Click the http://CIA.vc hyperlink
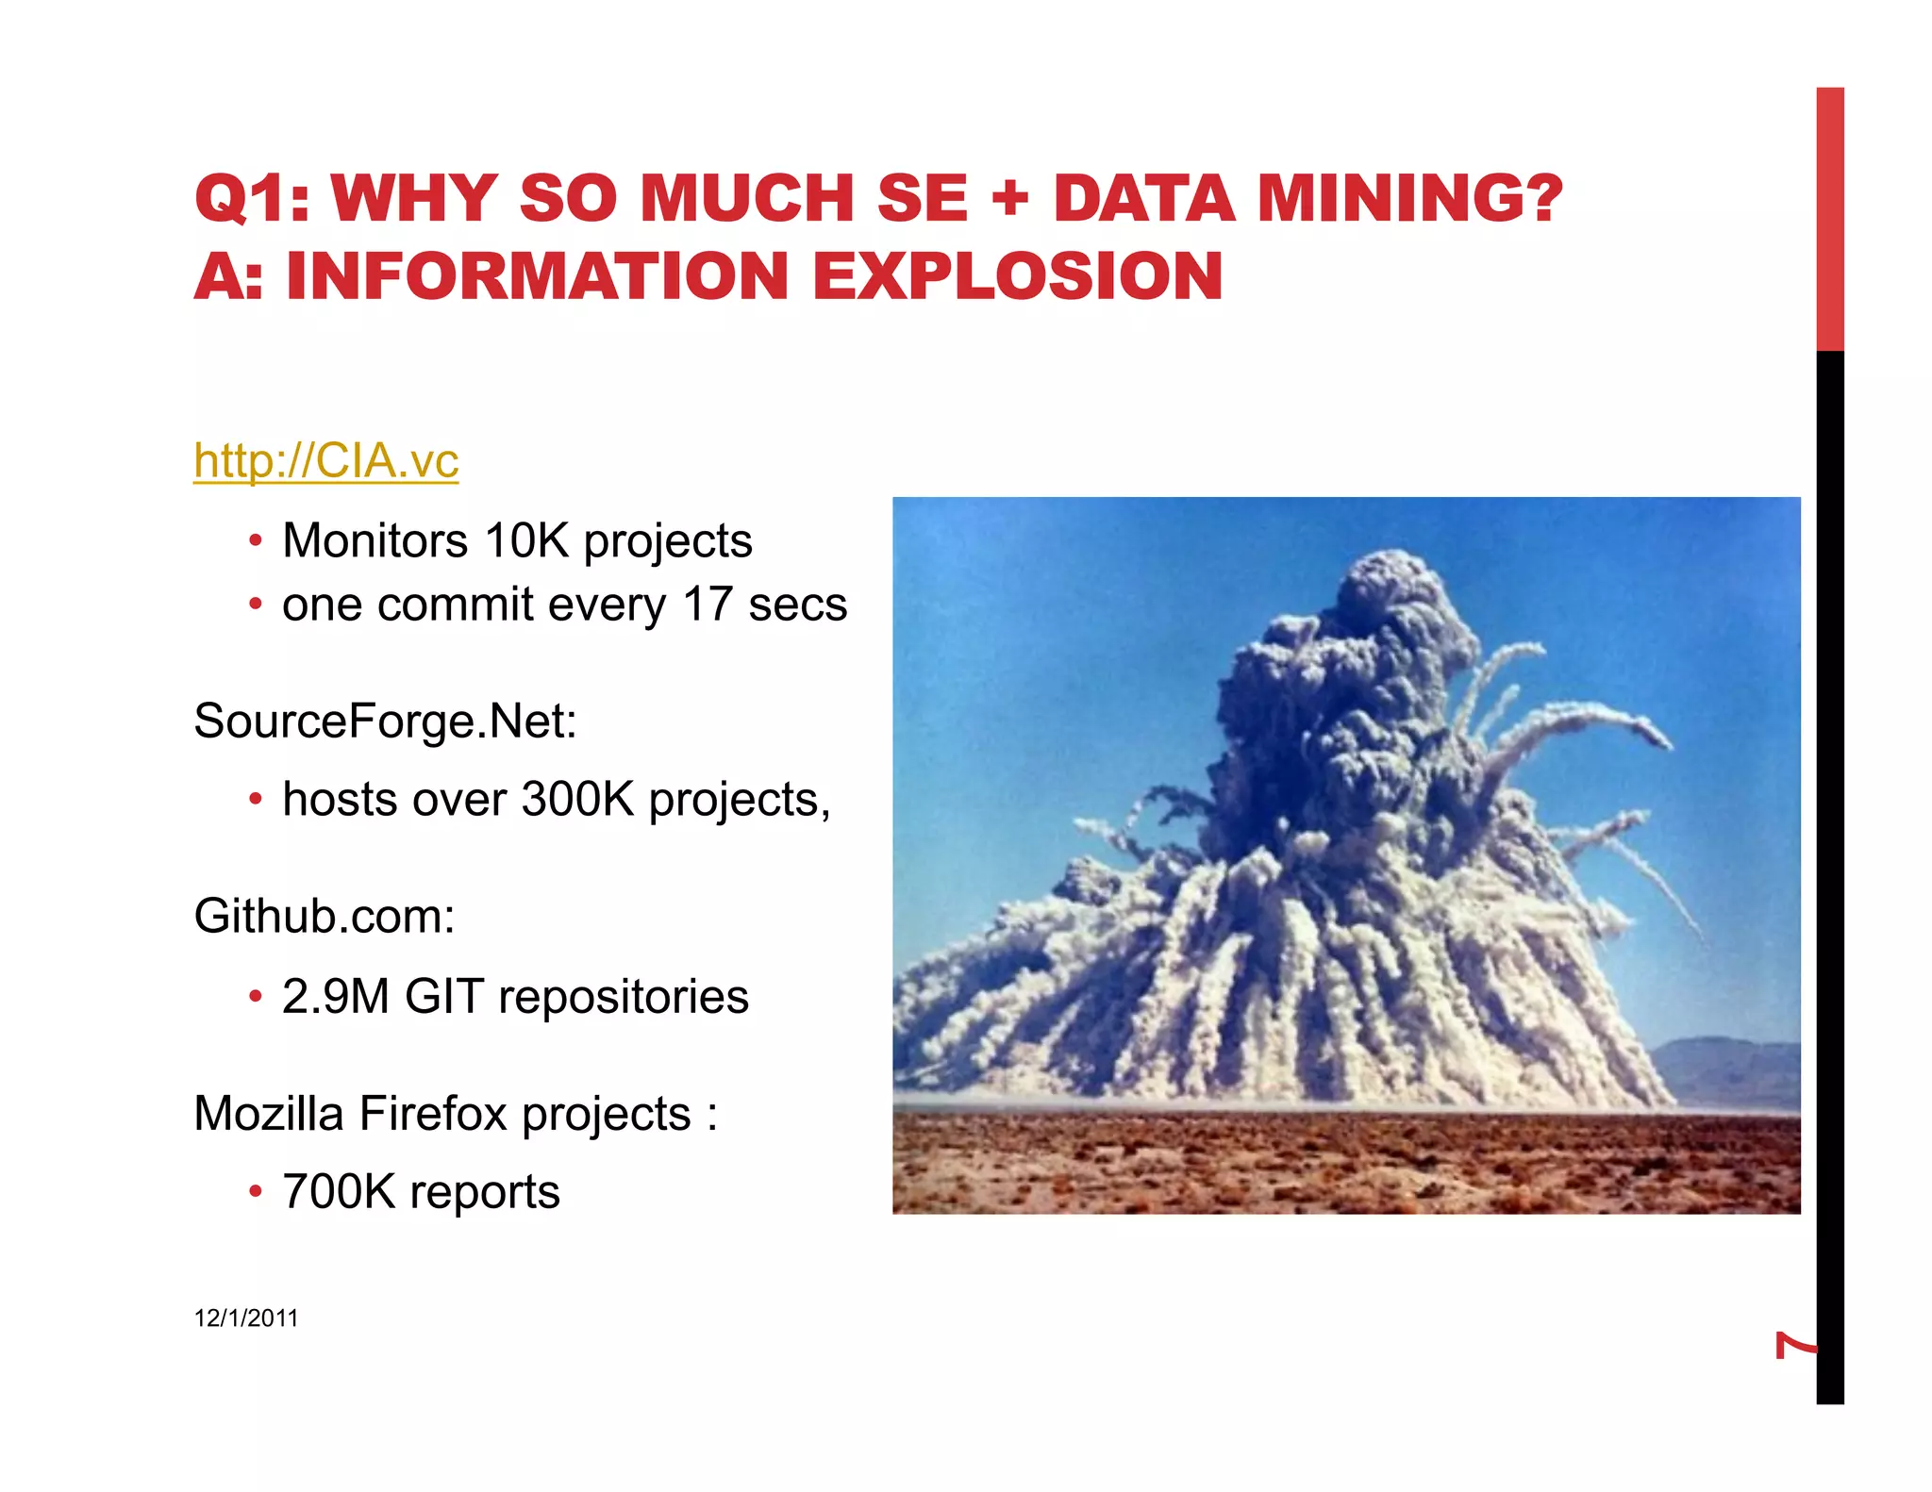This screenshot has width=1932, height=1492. tap(325, 461)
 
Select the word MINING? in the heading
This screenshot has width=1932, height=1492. tap(1409, 199)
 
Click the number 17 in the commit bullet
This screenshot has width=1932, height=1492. tap(708, 605)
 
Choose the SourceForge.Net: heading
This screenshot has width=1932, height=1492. tap(385, 721)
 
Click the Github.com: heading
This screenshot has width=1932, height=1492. tap(325, 917)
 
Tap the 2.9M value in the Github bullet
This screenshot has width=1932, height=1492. tap(335, 997)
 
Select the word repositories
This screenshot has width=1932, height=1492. tap(624, 997)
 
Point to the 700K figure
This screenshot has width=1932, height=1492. tap(338, 1192)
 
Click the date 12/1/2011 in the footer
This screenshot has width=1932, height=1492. tap(246, 1318)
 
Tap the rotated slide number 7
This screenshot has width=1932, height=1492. tap(1794, 1345)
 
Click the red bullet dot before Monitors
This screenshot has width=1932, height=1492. tap(255, 542)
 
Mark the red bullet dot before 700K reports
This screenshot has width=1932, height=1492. tap(255, 1193)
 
